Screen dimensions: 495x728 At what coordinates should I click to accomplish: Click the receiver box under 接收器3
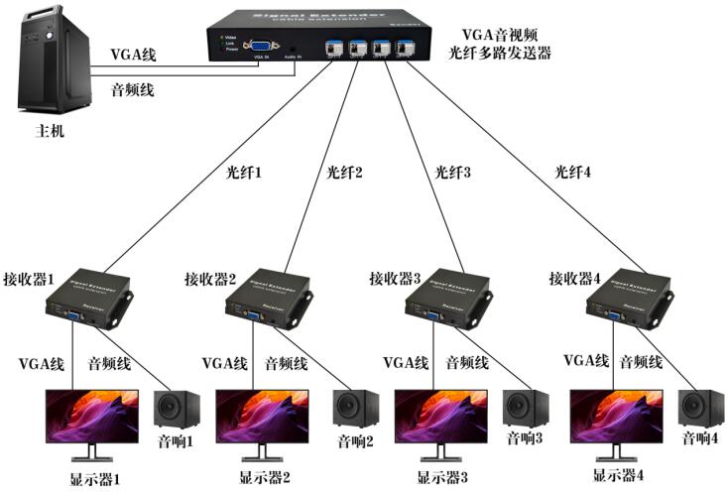click(x=451, y=297)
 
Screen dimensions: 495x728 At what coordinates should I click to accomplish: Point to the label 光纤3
click(x=452, y=171)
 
